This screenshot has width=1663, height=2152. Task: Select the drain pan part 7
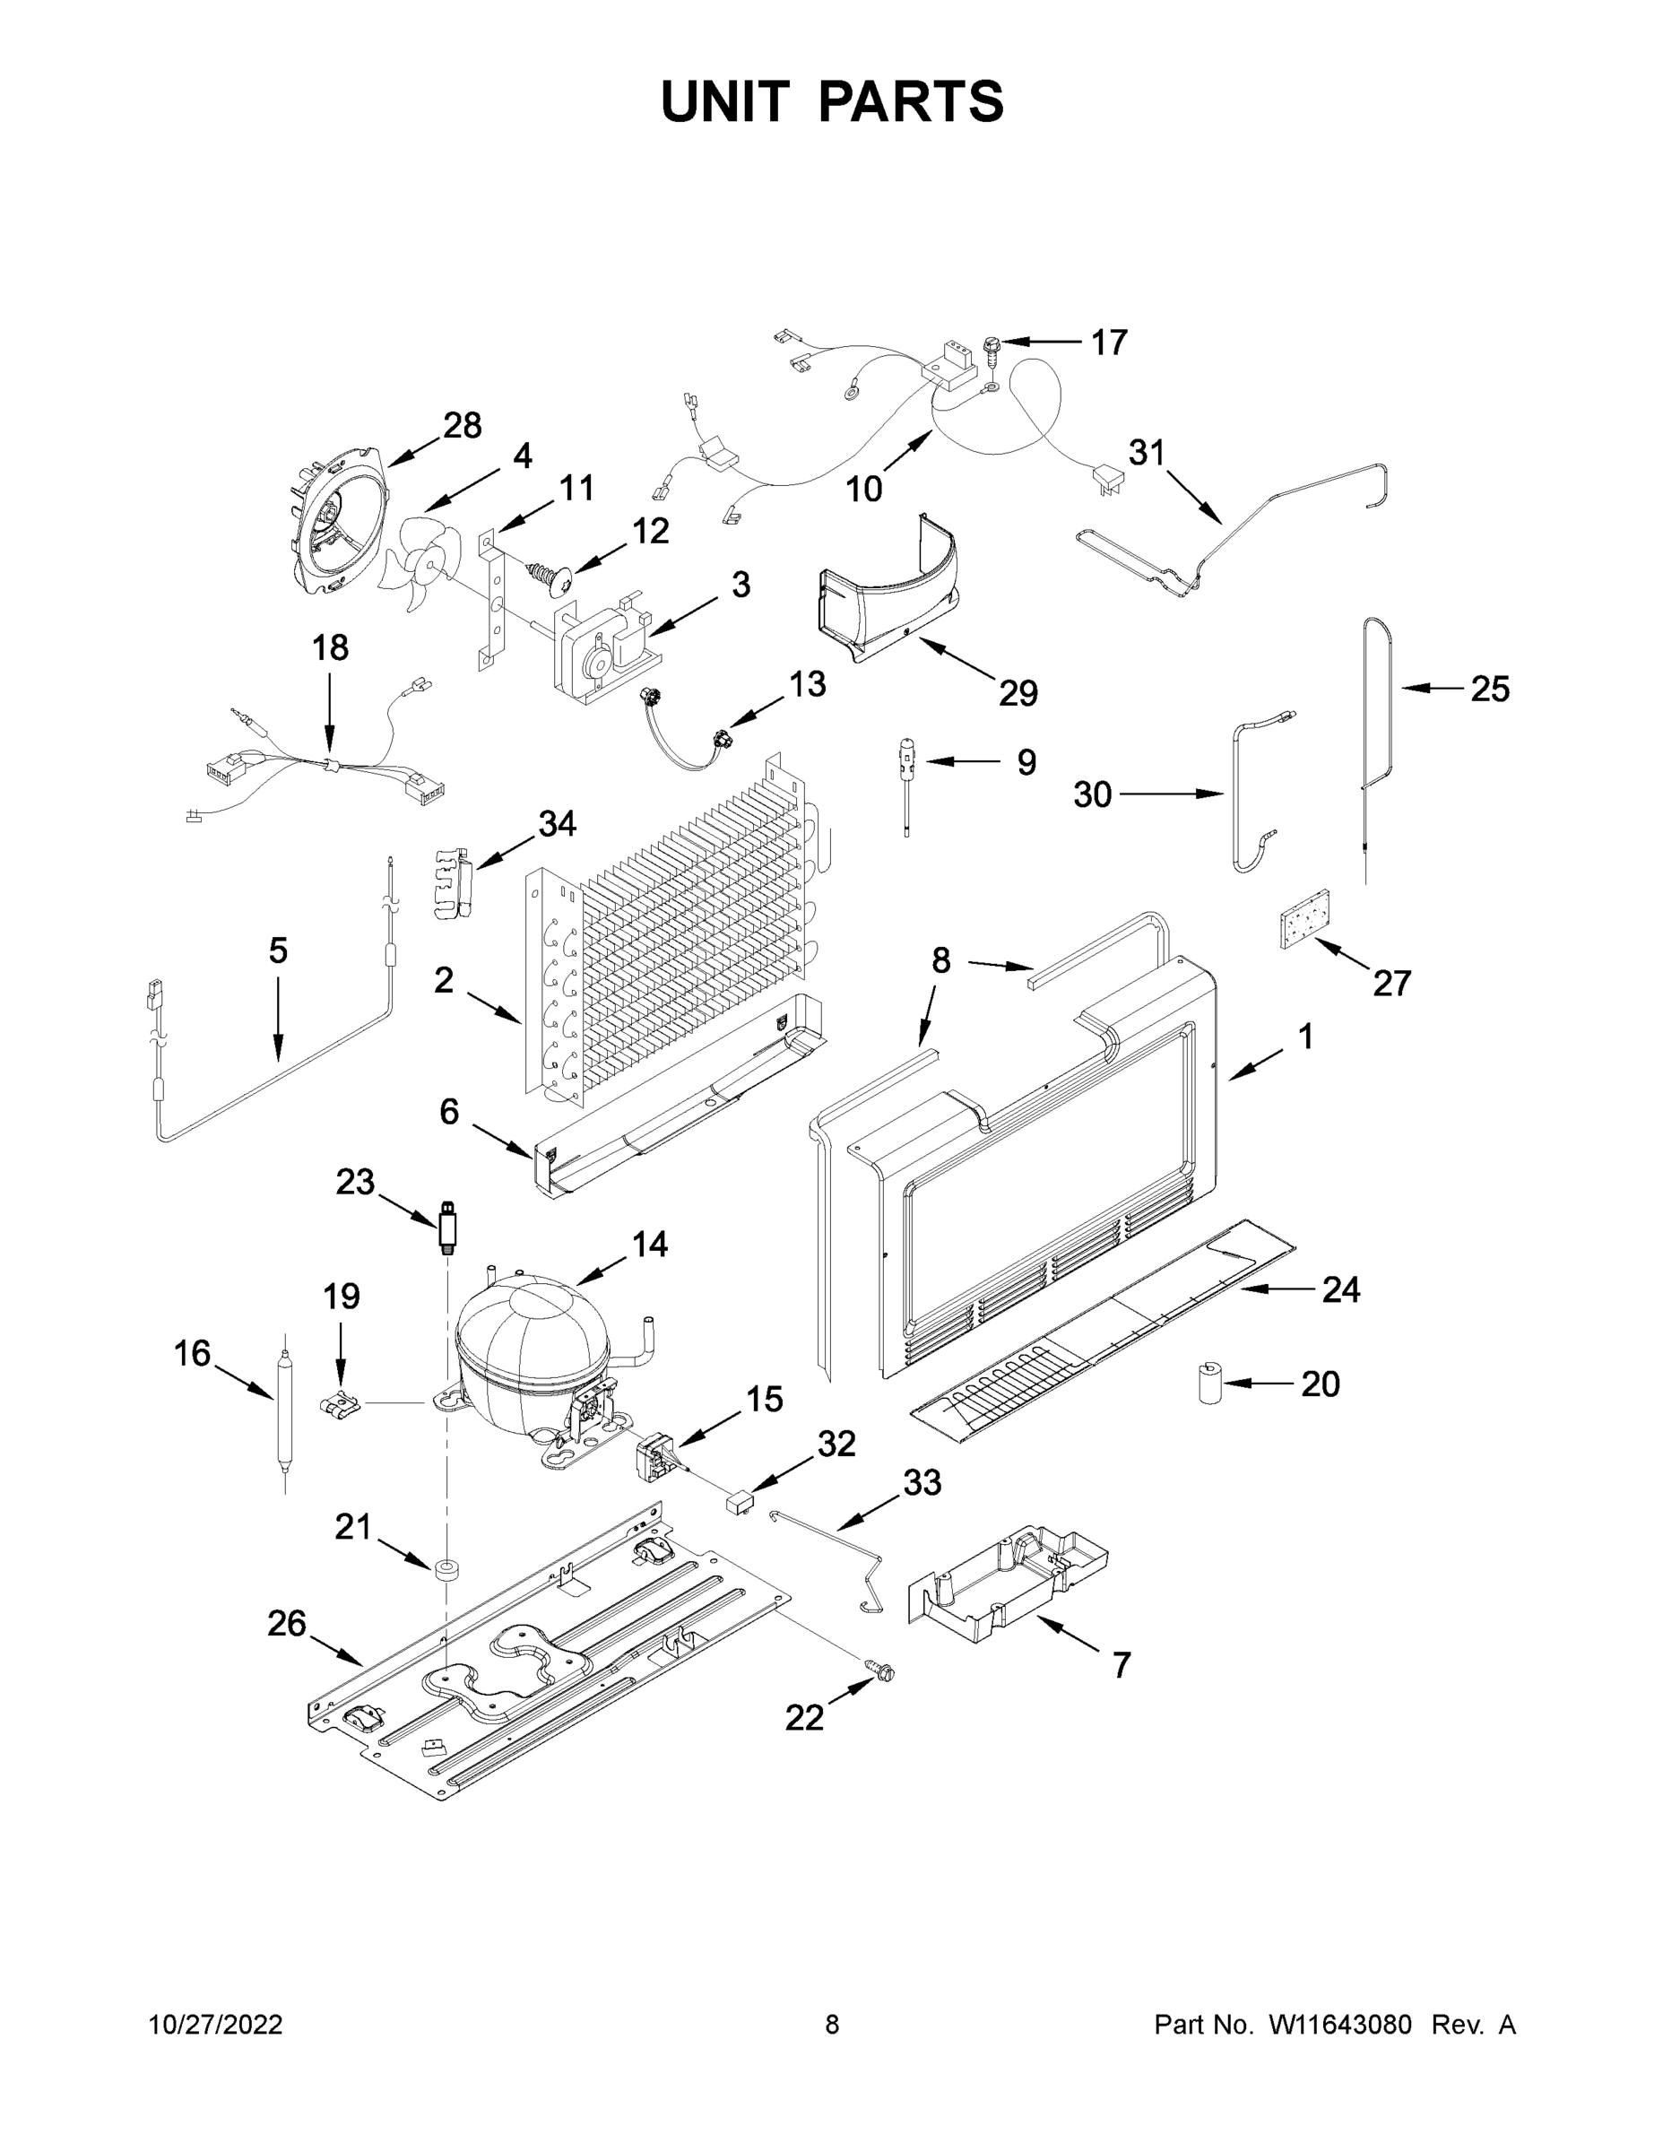1005,1586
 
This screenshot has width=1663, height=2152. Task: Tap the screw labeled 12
549,577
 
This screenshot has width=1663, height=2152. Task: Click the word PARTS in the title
912,101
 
